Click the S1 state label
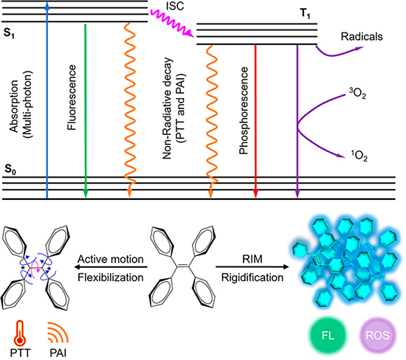pyautogui.click(x=9, y=33)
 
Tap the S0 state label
pyautogui.click(x=10, y=170)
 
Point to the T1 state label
pyautogui.click(x=305, y=13)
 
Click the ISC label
pyautogui.click(x=175, y=6)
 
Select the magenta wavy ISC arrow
pyautogui.click(x=172, y=23)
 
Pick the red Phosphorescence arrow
pyautogui.click(x=255, y=122)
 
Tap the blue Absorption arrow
pyautogui.click(x=47, y=100)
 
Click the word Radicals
pyautogui.click(x=362, y=36)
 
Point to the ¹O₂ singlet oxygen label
pyautogui.click(x=359, y=156)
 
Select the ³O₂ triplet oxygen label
pyautogui.click(x=357, y=94)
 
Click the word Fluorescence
pyautogui.click(x=72, y=97)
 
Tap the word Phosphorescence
pyautogui.click(x=244, y=111)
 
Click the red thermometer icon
pyautogui.click(x=20, y=333)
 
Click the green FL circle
pyautogui.click(x=328, y=336)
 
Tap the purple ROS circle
pyautogui.click(x=378, y=336)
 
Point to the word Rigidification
pyautogui.click(x=252, y=277)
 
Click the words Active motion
pyautogui.click(x=111, y=259)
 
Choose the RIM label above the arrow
pyautogui.click(x=252, y=259)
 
